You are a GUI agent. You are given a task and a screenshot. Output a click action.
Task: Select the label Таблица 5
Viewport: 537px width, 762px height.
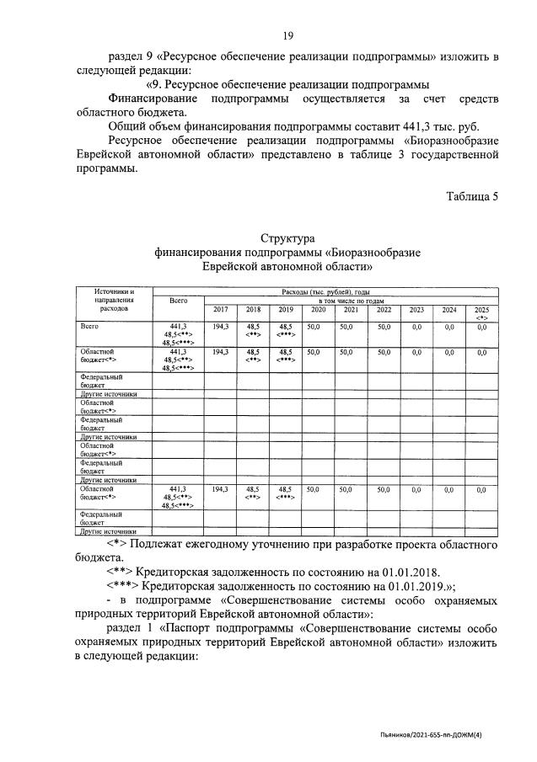pyautogui.click(x=472, y=196)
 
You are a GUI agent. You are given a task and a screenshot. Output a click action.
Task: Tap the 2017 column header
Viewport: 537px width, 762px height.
pyautogui.click(x=220, y=309)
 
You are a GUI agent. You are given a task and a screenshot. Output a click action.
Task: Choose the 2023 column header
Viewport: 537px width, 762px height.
pyautogui.click(x=416, y=309)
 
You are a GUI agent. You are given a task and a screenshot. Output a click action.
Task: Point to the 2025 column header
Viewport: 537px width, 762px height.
pyautogui.click(x=481, y=309)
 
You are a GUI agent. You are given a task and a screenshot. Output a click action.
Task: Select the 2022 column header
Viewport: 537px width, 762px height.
pyautogui.click(x=384, y=309)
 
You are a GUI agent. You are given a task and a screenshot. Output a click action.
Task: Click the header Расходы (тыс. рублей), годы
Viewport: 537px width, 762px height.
pyautogui.click(x=325, y=290)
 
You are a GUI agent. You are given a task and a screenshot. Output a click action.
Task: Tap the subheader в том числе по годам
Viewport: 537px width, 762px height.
pyautogui.click(x=351, y=300)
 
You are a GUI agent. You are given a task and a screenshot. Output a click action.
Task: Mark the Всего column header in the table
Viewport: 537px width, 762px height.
pyautogui.click(x=178, y=300)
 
